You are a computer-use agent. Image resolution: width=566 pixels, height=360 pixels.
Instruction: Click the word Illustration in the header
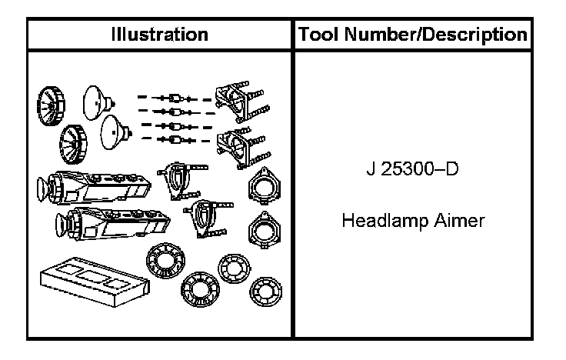159,34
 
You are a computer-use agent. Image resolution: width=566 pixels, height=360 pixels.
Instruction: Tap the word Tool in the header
319,34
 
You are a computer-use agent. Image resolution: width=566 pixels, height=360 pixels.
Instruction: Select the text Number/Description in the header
437,34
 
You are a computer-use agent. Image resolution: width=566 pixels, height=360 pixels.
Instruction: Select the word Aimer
459,222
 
